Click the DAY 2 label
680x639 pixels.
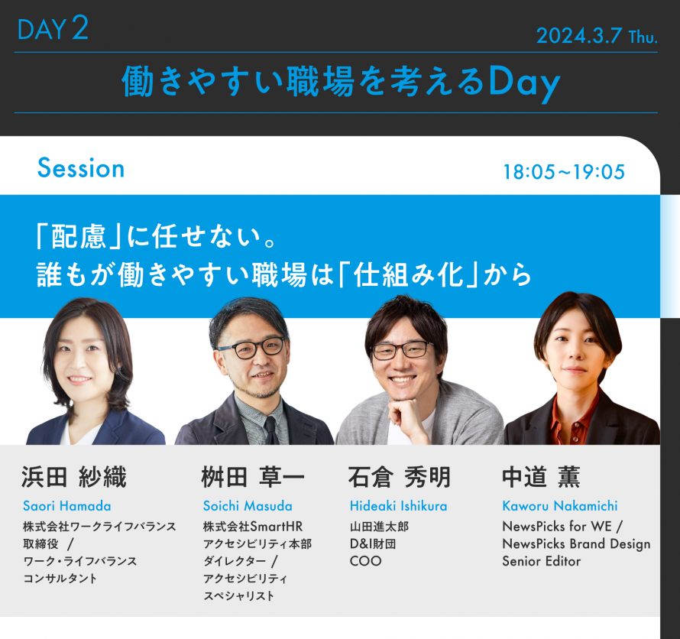[53, 29]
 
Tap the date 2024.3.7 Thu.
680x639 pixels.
[597, 36]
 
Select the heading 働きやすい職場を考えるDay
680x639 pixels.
[341, 82]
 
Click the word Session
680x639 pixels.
[80, 169]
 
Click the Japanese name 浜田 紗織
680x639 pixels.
[74, 478]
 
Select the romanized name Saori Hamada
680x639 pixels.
[66, 506]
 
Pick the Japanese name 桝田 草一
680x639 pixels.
[253, 478]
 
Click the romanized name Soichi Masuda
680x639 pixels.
[248, 506]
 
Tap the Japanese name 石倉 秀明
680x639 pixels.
[400, 478]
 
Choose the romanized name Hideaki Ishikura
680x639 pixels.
[398, 506]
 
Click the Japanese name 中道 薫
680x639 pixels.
[541, 478]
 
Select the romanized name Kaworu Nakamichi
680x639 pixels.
[559, 506]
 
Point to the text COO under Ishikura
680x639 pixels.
[365, 561]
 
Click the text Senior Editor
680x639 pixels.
[541, 561]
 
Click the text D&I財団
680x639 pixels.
[373, 543]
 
